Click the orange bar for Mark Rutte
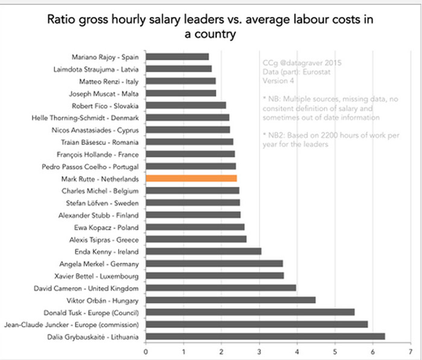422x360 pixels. (191, 178)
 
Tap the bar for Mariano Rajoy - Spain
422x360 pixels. (177, 57)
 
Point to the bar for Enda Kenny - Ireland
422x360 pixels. (203, 251)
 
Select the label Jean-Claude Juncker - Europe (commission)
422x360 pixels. (72, 324)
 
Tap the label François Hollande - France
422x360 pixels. (102, 154)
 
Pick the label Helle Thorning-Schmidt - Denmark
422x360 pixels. (86, 118)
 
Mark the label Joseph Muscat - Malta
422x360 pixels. (105, 93)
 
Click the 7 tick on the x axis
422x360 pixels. (411, 349)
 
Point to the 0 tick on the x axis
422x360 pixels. (145, 349)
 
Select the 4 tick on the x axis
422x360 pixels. (297, 349)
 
